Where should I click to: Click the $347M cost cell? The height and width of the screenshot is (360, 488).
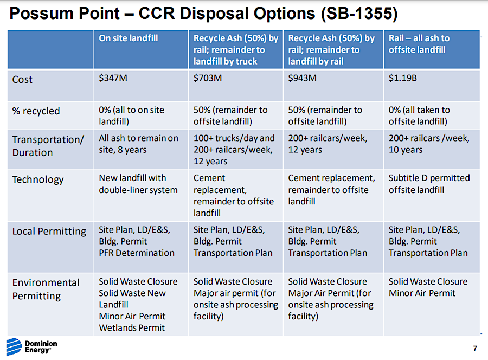pyautogui.click(x=113, y=78)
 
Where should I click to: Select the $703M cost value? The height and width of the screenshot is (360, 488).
pyautogui.click(x=207, y=78)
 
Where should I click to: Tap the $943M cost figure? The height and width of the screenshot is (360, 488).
pyautogui.click(x=302, y=78)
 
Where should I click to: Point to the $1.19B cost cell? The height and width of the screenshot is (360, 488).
pyautogui.click(x=402, y=78)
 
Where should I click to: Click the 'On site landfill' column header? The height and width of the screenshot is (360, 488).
pyautogui.click(x=128, y=38)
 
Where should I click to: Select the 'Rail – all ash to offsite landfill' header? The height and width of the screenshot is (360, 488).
pyautogui.click(x=419, y=44)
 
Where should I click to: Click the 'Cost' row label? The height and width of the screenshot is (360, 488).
pyautogui.click(x=22, y=79)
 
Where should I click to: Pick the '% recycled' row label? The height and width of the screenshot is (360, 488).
pyautogui.click(x=36, y=111)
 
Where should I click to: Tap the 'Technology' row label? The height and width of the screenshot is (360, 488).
pyautogui.click(x=38, y=179)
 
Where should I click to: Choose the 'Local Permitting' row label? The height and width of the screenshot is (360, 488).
pyautogui.click(x=49, y=232)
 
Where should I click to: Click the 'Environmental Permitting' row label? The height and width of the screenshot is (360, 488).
pyautogui.click(x=46, y=289)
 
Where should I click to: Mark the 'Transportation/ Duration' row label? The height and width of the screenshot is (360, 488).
pyautogui.click(x=48, y=146)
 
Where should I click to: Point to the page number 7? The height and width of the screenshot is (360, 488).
pyautogui.click(x=475, y=347)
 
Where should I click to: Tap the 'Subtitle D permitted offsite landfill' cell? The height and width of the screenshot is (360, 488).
pyautogui.click(x=429, y=184)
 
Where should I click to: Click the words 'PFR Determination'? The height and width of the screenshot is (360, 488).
pyautogui.click(x=137, y=253)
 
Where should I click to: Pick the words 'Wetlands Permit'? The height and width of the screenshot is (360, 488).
pyautogui.click(x=132, y=327)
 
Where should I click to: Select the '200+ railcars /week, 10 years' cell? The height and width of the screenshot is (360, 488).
pyautogui.click(x=429, y=144)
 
